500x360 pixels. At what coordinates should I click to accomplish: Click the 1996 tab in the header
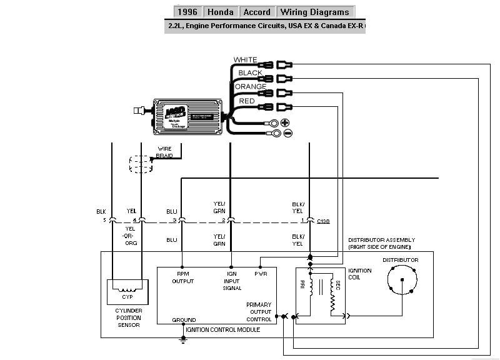tap(187, 12)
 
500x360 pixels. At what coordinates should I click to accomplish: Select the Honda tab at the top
tap(220, 12)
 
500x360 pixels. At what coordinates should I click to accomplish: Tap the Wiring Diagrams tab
tap(315, 12)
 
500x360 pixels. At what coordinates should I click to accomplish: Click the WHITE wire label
tap(245, 60)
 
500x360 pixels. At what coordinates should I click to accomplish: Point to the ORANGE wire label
tap(250, 87)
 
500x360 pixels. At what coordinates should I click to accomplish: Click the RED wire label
tap(247, 101)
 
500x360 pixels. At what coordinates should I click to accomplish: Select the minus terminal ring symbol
tap(287, 132)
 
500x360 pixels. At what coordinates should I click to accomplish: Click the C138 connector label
tap(324, 221)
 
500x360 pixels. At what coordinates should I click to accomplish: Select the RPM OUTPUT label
tap(183, 277)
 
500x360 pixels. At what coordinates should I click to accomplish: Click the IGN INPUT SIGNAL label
tap(232, 281)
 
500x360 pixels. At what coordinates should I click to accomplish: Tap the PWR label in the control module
tap(261, 273)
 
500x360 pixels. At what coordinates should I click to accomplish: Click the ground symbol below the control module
tap(183, 339)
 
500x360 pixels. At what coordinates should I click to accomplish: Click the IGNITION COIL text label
tap(359, 274)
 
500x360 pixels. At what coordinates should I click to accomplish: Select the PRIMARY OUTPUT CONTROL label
tap(259, 311)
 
